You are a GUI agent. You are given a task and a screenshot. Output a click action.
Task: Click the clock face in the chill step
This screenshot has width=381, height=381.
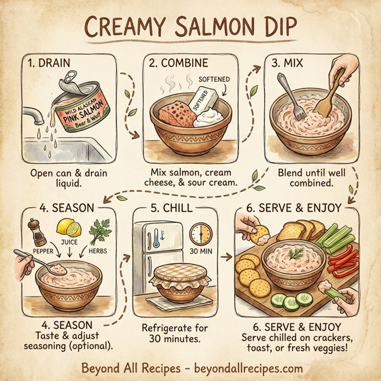[201, 234]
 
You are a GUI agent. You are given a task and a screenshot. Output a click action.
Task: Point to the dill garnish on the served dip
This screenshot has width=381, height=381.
[295, 254]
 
